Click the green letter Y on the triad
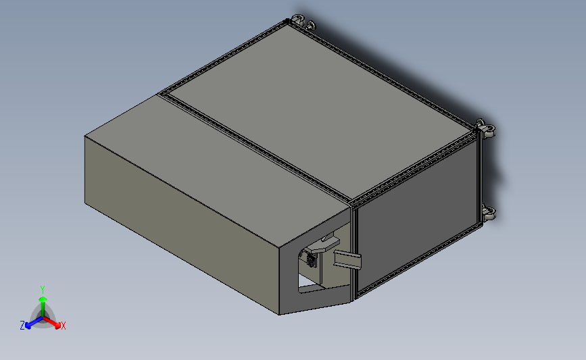(42, 289)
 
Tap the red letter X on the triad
(64, 326)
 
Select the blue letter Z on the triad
(22, 326)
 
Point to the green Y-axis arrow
(43, 300)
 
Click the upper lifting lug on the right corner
(485, 128)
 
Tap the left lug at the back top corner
(297, 20)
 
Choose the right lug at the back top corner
(310, 26)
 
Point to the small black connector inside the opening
(310, 259)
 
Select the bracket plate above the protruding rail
(329, 240)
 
